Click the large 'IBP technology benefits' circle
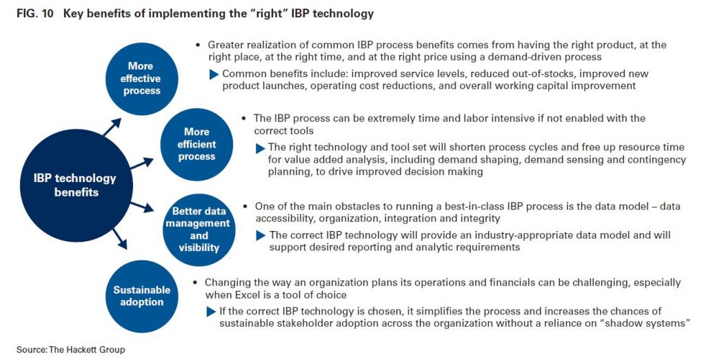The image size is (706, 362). coord(77,185)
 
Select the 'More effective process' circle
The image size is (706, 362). coord(142,79)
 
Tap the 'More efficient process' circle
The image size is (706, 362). coord(196,145)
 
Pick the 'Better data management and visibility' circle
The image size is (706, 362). coord(199,230)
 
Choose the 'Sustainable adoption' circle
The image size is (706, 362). coord(142,296)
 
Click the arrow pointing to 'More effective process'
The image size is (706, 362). coord(112,127)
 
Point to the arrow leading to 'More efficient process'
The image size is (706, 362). coord(142,163)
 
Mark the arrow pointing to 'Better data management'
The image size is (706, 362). coord(142,207)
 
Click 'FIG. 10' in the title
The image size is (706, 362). coord(35,14)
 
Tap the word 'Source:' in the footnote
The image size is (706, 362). coord(32,350)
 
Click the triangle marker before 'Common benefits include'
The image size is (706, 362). coord(214,74)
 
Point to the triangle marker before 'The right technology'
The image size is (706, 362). coord(260,148)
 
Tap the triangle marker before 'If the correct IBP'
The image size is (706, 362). coord(211,312)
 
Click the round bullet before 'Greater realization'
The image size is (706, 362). coord(198,45)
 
